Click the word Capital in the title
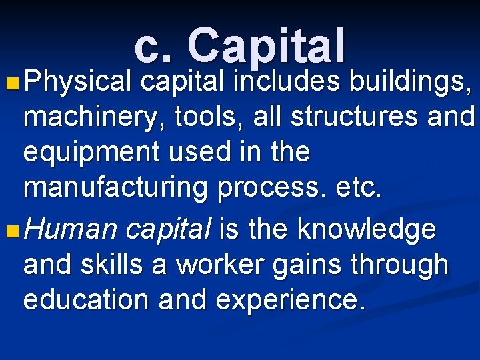(267, 45)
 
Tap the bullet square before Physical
(9, 85)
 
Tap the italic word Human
(71, 230)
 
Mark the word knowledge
(367, 230)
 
